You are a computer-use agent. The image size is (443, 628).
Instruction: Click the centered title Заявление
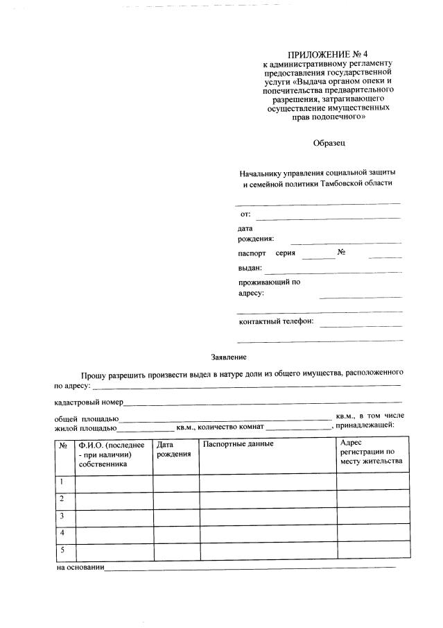coord(229,357)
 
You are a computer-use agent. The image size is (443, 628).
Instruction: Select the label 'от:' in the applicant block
coord(245,214)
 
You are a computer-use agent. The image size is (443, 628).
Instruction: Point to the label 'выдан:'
coord(250,268)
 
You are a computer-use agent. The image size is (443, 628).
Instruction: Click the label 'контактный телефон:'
coord(276,321)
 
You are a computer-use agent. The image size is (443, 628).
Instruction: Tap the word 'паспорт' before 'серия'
coord(252,253)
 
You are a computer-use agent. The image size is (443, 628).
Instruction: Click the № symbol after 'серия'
coord(341,252)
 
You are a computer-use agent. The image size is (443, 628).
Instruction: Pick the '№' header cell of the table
coord(63,445)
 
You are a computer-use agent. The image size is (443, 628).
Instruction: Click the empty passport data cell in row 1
coord(268,482)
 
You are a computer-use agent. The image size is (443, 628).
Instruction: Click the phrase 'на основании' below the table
coord(79,568)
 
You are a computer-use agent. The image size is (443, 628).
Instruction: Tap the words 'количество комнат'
coord(231,425)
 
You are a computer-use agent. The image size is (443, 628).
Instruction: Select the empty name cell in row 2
coord(114,500)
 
